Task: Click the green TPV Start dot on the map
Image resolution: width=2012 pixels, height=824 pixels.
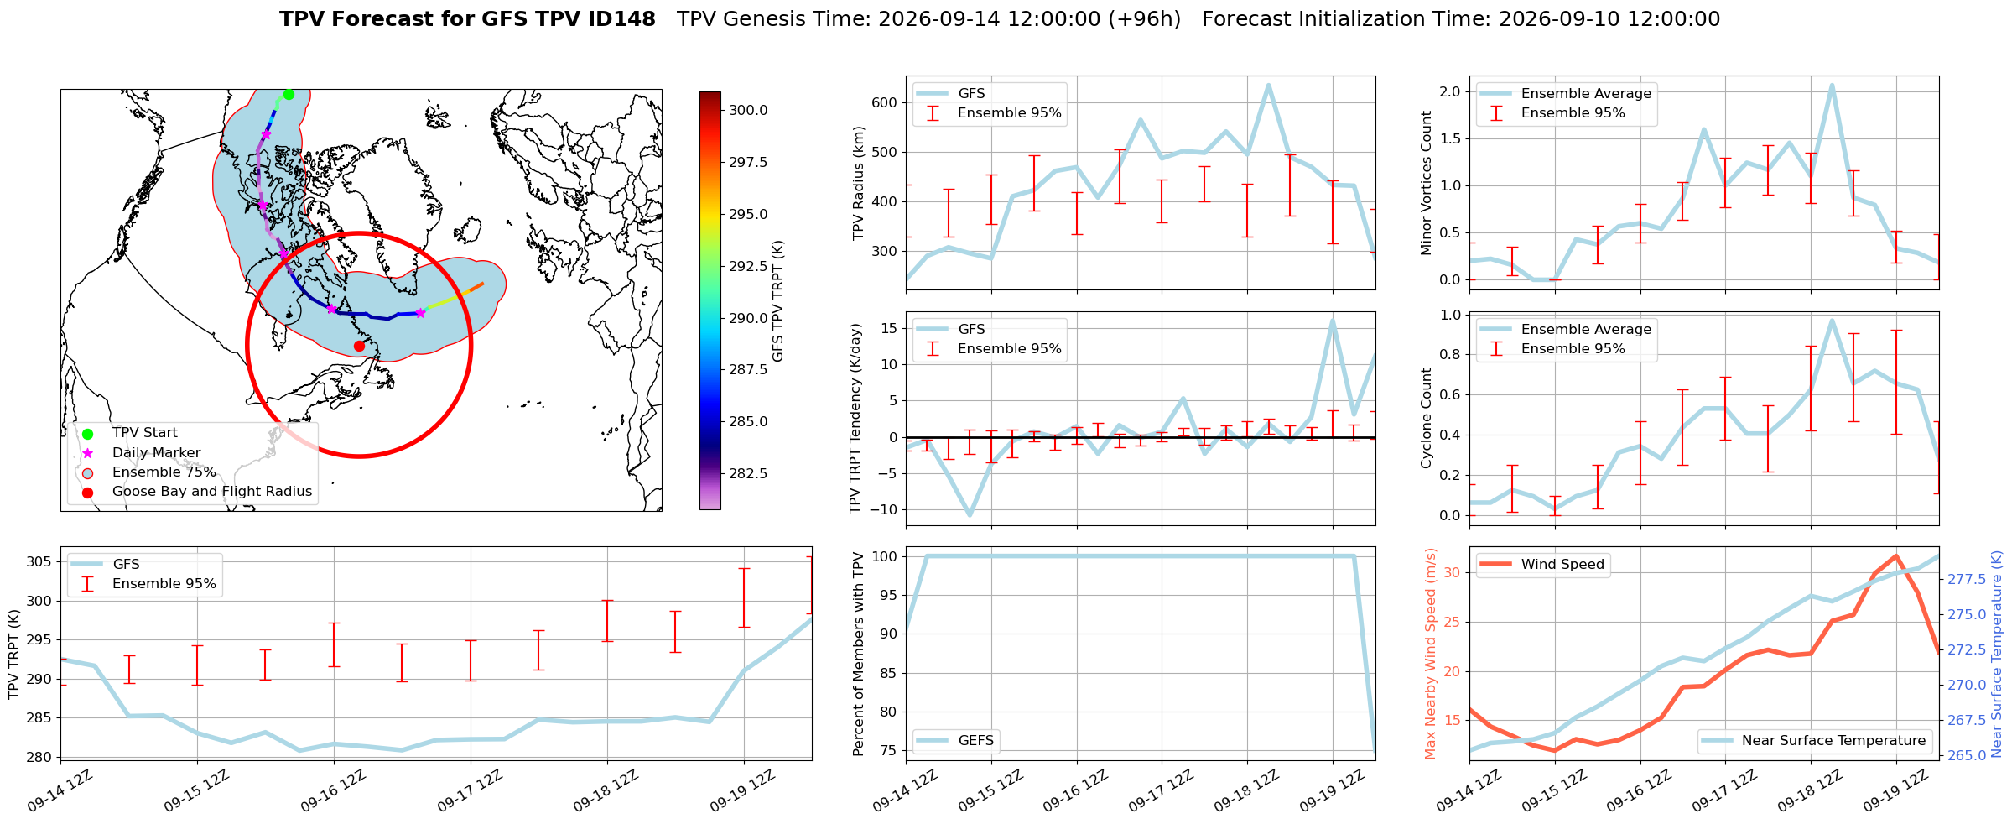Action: coord(289,94)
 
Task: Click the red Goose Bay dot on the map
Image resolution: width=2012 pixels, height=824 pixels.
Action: coord(359,346)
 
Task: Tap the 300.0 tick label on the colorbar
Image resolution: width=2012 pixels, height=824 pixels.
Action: coord(748,110)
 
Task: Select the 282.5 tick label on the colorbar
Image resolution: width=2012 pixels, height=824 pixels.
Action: coord(748,473)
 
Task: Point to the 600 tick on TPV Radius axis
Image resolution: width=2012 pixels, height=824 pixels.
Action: coord(885,103)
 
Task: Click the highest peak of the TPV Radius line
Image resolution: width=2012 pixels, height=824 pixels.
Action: coord(1268,85)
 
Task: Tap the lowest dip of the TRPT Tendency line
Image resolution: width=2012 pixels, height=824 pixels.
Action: coord(970,514)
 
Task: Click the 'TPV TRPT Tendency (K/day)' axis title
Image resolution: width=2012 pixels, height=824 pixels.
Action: coord(855,419)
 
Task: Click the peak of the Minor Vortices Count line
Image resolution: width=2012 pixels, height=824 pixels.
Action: coord(1832,85)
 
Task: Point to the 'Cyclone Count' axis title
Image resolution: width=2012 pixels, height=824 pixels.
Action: coord(1427,418)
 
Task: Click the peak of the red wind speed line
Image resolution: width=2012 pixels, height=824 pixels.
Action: coord(1895,555)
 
